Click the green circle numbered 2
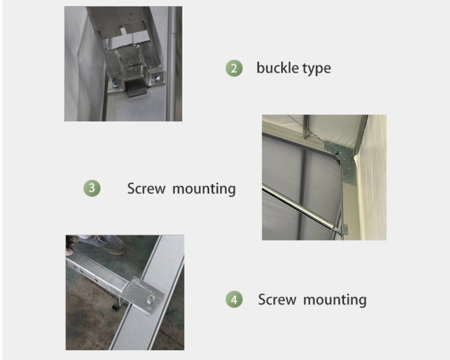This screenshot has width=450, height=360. point(234,68)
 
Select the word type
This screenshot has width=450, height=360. point(317,69)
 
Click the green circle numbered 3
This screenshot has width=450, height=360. point(92,188)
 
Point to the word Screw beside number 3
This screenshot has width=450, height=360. point(146,189)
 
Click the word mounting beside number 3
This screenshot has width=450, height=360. point(204,190)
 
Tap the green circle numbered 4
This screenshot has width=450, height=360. point(234,299)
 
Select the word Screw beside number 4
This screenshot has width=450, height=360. point(277,300)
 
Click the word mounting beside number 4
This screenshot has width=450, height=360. point(335,300)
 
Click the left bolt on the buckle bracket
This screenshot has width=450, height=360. point(116,84)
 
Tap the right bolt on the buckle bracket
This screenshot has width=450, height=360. point(156,78)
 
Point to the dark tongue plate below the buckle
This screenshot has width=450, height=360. point(136,89)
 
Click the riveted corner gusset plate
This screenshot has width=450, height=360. point(343,161)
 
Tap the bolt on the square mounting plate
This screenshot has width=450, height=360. point(150,300)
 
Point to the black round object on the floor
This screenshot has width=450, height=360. point(115,308)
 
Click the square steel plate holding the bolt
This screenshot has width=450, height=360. point(142,295)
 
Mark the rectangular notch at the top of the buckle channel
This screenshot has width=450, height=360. point(124,31)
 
